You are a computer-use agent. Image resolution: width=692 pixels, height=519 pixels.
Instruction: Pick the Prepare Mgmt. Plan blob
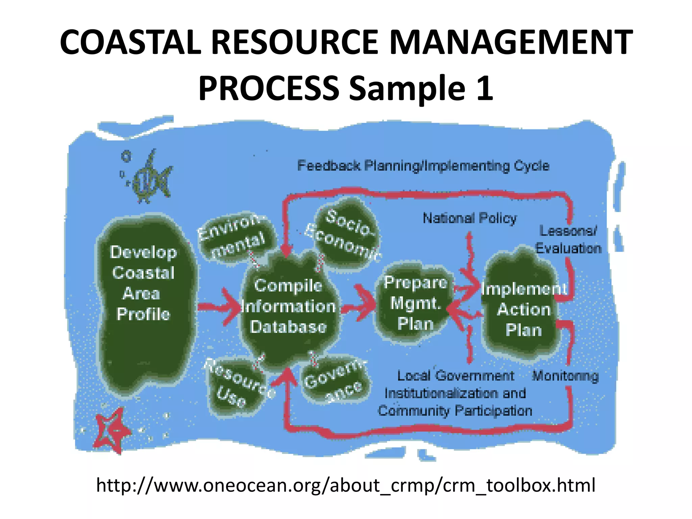pos(415,303)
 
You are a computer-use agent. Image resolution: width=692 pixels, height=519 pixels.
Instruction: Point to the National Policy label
pos(470,218)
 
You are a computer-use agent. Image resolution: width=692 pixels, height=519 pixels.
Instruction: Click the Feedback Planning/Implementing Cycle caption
pos(423,166)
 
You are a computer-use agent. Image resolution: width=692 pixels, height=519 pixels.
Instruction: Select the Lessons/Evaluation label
pos(568,240)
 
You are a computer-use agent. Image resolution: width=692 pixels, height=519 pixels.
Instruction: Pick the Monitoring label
pos(565,376)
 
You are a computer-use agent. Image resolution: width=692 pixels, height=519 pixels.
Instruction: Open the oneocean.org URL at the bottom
pos(345,485)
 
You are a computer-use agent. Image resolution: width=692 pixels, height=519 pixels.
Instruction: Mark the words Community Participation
pos(455,411)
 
